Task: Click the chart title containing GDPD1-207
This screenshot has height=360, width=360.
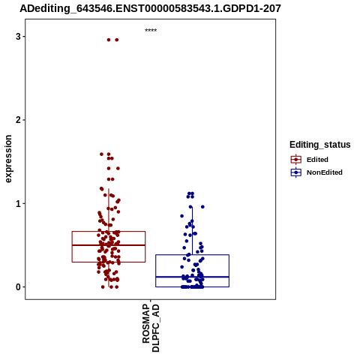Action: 151,8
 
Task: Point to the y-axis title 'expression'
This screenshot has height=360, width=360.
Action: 8,159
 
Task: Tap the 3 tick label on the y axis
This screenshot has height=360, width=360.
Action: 18,37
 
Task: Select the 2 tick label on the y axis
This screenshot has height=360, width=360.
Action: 18,120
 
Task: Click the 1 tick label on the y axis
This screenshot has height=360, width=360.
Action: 18,204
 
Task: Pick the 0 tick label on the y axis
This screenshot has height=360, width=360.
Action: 18,287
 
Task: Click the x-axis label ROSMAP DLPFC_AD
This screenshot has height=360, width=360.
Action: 151,328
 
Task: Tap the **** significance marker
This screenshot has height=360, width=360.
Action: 151,30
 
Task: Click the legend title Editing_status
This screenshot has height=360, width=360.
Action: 320,145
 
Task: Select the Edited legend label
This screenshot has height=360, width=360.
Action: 317,160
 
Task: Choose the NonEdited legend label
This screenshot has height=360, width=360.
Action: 325,172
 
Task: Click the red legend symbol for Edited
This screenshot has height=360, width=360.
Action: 296,160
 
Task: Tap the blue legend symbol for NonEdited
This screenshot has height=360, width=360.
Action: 296,172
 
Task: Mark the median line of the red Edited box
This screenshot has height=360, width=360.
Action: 109,245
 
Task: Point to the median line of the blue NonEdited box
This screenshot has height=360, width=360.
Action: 192,277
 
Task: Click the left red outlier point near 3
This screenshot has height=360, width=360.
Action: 109,40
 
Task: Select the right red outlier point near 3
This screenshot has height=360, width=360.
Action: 117,40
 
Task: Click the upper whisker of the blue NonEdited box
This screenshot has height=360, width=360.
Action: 192,231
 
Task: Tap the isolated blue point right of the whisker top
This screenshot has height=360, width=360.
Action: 202,207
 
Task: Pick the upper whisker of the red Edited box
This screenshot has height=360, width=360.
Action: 109,210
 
